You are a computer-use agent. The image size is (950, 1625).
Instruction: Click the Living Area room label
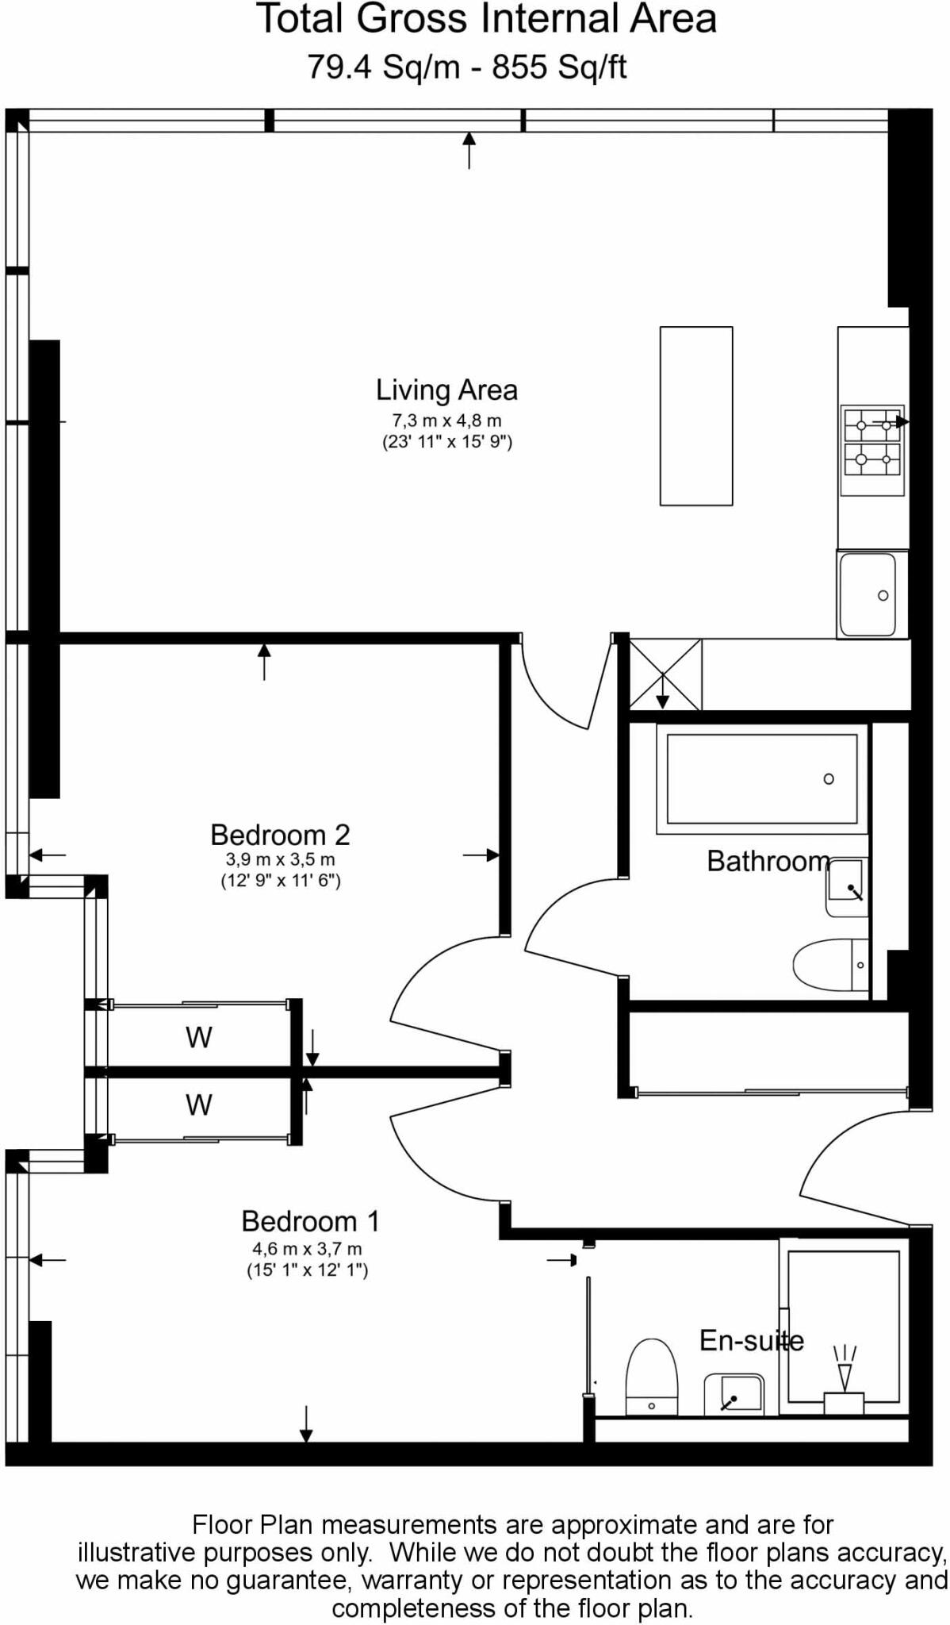click(x=446, y=390)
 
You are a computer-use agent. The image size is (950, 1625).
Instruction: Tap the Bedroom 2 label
click(x=280, y=835)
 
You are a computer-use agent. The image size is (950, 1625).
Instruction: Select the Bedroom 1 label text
click(x=310, y=1220)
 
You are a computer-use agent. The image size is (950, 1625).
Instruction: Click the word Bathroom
click(x=767, y=861)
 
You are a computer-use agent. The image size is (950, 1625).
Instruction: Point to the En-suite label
click(x=750, y=1340)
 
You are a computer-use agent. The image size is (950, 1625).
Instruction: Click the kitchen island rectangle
click(x=696, y=416)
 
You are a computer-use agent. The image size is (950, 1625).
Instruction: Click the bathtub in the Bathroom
click(x=761, y=778)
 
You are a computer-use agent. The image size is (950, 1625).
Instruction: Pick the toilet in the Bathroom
click(x=829, y=965)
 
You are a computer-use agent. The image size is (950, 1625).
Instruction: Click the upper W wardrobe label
click(x=198, y=1038)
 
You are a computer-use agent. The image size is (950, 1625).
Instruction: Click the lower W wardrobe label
click(x=198, y=1104)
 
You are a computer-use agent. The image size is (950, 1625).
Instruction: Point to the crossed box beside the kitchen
click(x=665, y=674)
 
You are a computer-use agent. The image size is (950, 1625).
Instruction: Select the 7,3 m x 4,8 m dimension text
click(x=446, y=421)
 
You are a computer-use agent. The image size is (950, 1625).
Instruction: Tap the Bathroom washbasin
click(x=846, y=887)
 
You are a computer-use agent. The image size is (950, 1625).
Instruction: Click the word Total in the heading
click(x=301, y=19)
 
